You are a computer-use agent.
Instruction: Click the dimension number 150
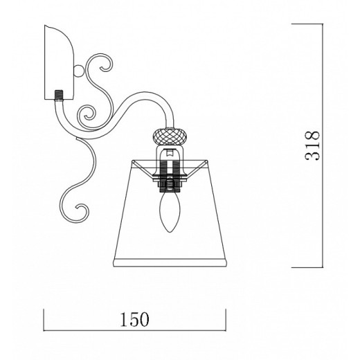[135, 319]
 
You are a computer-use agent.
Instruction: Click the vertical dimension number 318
[312, 145]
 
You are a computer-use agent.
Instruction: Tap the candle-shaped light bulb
[170, 212]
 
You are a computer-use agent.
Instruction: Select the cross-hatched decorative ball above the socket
[170, 136]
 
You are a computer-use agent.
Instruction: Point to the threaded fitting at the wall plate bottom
[59, 95]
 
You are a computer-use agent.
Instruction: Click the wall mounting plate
[59, 62]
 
